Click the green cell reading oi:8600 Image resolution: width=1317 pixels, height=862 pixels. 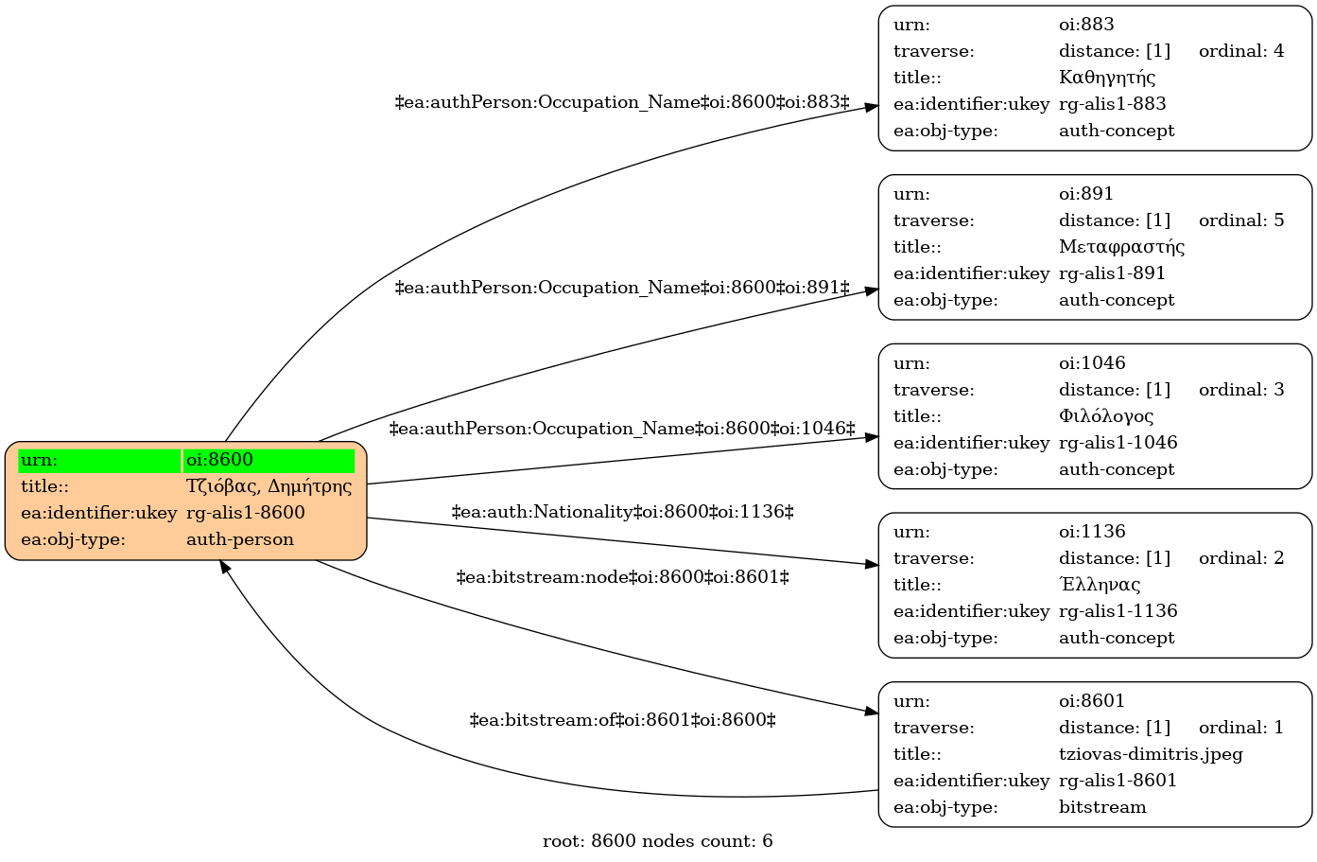pyautogui.click(x=269, y=461)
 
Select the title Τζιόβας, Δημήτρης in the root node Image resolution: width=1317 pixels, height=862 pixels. pyautogui.click(x=269, y=486)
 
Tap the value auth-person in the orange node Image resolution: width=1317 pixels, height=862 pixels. pyautogui.click(x=240, y=539)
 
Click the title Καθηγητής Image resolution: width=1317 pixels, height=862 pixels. pyautogui.click(x=1106, y=78)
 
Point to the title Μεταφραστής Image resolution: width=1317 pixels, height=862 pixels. pyautogui.click(x=1121, y=247)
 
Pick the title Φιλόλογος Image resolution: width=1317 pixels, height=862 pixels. pyautogui.click(x=1106, y=416)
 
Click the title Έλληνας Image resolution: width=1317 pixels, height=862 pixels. pyautogui.click(x=1100, y=585)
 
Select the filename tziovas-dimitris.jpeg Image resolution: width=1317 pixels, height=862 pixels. pyautogui.click(x=1151, y=754)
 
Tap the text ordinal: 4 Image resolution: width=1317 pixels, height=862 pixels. pyautogui.click(x=1241, y=51)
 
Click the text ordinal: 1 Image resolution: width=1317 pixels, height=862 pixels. pyautogui.click(x=1241, y=728)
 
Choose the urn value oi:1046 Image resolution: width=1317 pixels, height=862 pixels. pyautogui.click(x=1092, y=363)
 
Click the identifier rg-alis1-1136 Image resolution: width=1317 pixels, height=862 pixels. pyautogui.click(x=1118, y=611)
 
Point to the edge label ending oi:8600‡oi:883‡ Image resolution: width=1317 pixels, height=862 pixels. pyautogui.click(x=622, y=102)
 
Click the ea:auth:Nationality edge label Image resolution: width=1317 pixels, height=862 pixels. pyautogui.click(x=622, y=512)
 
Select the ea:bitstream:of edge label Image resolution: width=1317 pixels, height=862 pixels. pyautogui.click(x=622, y=720)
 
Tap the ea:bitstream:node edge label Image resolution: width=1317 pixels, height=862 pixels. pyautogui.click(x=622, y=578)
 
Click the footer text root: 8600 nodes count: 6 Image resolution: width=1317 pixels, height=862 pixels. pyautogui.click(x=657, y=841)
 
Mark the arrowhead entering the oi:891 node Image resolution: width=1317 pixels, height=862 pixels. pyautogui.click(x=872, y=291)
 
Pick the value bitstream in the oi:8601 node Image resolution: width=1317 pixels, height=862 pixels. pyautogui.click(x=1102, y=807)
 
